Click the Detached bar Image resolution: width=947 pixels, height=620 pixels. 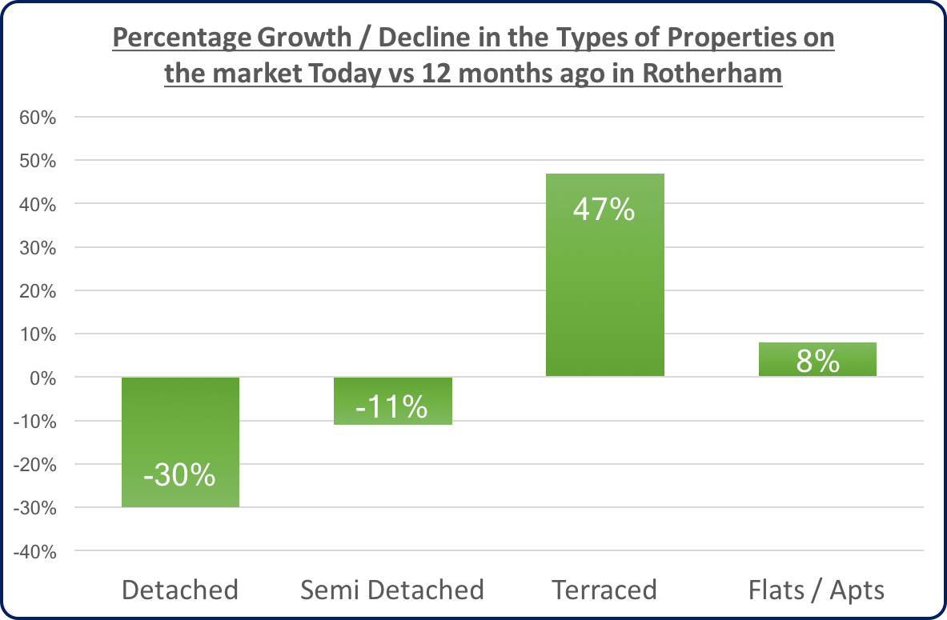[180, 442]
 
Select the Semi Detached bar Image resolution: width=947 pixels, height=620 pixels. [392, 400]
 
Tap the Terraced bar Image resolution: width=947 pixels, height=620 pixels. [604, 274]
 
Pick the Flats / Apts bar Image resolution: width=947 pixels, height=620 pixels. [817, 360]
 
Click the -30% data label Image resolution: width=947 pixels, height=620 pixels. [180, 475]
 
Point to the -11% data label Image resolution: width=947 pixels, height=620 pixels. [392, 407]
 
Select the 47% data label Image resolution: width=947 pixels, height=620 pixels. [604, 210]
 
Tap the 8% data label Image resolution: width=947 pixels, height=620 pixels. [817, 362]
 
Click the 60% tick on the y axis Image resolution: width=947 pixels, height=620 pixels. [37, 118]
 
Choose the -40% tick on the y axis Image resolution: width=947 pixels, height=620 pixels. [34, 551]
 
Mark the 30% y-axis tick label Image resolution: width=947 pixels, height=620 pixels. [37, 247]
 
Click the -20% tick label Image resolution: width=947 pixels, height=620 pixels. [34, 465]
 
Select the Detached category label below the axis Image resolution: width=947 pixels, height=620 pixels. [180, 590]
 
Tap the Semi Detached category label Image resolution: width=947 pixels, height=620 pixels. [392, 590]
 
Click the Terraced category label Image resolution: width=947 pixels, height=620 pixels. [604, 590]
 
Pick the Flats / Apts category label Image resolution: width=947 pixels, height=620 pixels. [817, 590]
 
